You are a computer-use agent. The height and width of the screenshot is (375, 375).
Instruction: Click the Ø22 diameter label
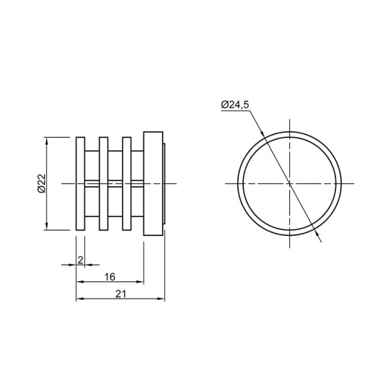tap(41, 183)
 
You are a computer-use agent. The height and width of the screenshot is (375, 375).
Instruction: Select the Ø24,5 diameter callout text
tap(235, 105)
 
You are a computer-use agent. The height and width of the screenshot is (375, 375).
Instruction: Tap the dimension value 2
tap(81, 260)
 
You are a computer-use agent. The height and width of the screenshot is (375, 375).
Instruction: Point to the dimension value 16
tap(110, 277)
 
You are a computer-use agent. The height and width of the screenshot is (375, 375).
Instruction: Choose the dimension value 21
tap(120, 294)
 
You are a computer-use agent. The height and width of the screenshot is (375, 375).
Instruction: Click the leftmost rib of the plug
tap(80, 184)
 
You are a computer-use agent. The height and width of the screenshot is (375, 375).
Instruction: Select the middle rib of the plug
tap(104, 184)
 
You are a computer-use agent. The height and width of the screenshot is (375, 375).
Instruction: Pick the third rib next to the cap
tap(127, 184)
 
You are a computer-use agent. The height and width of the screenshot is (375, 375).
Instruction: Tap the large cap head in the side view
tap(153, 184)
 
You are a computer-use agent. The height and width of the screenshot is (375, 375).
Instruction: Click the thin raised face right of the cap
tap(164, 184)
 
